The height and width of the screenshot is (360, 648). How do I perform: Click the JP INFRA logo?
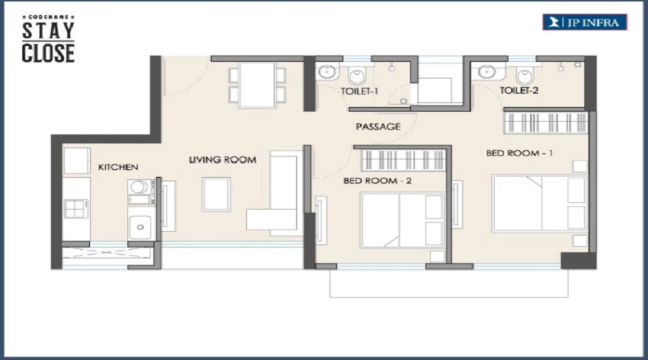585,22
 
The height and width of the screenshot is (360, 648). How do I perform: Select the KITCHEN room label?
118,167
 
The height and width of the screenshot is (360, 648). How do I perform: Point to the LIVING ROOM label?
222,160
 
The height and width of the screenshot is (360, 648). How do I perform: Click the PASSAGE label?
378,127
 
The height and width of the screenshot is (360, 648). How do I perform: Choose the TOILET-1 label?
359,91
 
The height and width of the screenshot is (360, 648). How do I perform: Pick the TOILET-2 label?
519,90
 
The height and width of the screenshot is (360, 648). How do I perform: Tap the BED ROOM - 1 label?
519,153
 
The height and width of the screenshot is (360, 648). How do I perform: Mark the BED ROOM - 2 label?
377,181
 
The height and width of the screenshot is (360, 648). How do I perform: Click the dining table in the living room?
257,85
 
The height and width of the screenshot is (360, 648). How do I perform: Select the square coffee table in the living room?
216,194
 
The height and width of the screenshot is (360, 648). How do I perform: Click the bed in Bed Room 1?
539,204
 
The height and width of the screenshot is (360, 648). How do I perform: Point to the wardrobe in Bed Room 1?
546,122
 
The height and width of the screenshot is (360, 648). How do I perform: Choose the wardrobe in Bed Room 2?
404,160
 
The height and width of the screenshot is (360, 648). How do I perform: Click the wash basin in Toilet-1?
327,72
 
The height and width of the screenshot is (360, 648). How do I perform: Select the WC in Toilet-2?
525,75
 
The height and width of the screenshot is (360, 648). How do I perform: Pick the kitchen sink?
140,223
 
